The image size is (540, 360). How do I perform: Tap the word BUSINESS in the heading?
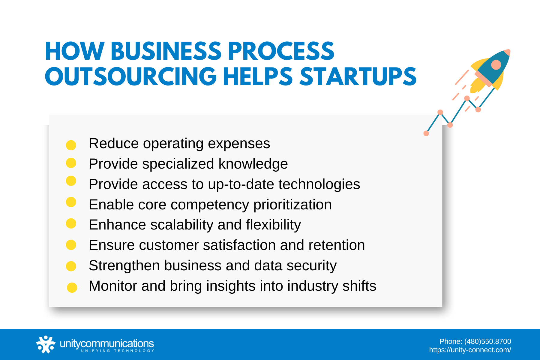point(166,51)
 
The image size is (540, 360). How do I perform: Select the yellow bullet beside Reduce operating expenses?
point(71,145)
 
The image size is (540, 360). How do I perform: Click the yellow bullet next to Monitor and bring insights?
point(72,287)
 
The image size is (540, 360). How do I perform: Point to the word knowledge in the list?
point(253,164)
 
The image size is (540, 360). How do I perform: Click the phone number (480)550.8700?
point(487,341)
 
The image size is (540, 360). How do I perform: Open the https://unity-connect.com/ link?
point(470,350)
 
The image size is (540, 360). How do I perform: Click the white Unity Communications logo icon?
point(46,344)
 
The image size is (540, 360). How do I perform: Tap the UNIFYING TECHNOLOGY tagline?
point(118,351)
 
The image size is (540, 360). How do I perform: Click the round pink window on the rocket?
point(496,64)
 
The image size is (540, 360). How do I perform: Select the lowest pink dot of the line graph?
point(426,133)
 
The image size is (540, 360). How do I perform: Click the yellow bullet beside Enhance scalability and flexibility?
point(71,223)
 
